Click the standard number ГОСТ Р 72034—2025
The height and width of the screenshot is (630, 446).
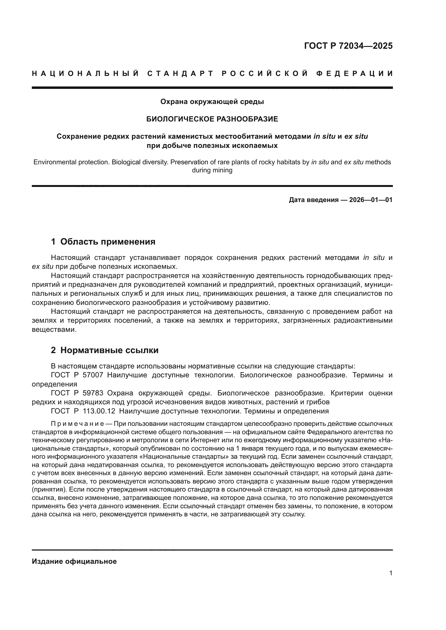coord(348,46)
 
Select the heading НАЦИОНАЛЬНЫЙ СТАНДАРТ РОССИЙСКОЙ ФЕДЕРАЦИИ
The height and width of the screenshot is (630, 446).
coord(212,74)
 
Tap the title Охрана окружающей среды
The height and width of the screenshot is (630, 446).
coord(212,102)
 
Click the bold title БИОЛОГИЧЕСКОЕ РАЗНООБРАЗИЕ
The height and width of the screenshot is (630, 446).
coord(212,119)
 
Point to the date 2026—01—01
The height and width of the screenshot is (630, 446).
coord(371,200)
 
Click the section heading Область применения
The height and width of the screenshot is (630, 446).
coord(108,242)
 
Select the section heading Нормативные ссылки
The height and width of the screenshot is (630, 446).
coord(109,350)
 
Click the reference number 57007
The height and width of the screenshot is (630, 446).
coord(93,375)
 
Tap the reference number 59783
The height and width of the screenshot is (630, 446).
coord(93,393)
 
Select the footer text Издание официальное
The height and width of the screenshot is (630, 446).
coord(74,561)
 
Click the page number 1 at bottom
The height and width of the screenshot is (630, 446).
coord(391,573)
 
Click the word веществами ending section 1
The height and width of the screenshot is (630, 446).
coord(54,329)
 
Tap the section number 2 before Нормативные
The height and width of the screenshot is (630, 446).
coord(53,350)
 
